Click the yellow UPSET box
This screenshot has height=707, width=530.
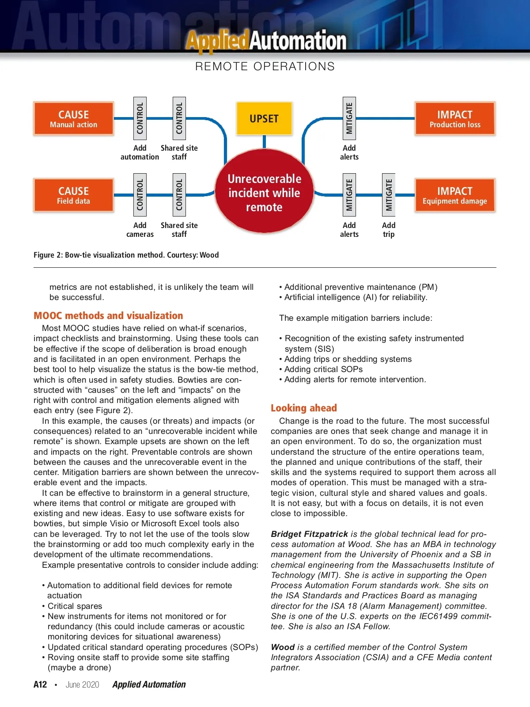pyautogui.click(x=264, y=118)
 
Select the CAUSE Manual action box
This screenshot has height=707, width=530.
pyautogui.click(x=73, y=118)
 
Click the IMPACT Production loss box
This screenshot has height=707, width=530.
pyautogui.click(x=455, y=118)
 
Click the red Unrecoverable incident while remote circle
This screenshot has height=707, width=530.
pyautogui.click(x=264, y=193)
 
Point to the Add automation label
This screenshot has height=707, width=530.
pyautogui.click(x=140, y=152)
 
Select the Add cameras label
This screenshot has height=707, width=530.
pyautogui.click(x=140, y=230)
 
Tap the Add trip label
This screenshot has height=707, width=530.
pyautogui.click(x=389, y=230)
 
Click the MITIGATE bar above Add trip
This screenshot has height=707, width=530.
pyautogui.click(x=389, y=195)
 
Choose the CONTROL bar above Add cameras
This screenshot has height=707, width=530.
pyautogui.click(x=140, y=195)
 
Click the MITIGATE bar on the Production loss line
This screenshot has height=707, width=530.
pyautogui.click(x=349, y=118)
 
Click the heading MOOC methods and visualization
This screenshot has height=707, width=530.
pyautogui.click(x=108, y=315)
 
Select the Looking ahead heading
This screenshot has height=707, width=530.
pyautogui.click(x=304, y=408)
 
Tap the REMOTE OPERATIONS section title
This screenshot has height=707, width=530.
pyautogui.click(x=265, y=66)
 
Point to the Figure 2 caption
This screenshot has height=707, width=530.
pyautogui.click(x=126, y=255)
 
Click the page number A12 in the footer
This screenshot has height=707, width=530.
pyautogui.click(x=40, y=684)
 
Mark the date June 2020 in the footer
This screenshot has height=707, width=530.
pyautogui.click(x=83, y=684)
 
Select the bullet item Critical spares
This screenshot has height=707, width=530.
pyautogui.click(x=75, y=606)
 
